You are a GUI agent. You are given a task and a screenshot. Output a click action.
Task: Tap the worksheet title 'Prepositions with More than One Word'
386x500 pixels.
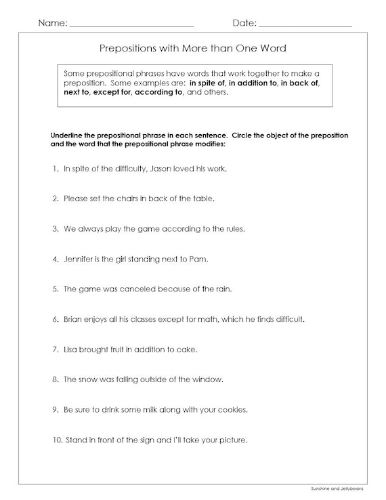(x=193, y=48)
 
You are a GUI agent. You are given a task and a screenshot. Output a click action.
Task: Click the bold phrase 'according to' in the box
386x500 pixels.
(x=159, y=92)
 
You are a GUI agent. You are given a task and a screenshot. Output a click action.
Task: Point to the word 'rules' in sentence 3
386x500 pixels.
(x=232, y=228)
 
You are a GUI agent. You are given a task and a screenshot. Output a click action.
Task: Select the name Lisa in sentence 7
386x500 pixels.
(x=70, y=350)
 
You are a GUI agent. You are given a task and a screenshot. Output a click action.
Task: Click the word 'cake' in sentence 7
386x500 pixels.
(x=188, y=350)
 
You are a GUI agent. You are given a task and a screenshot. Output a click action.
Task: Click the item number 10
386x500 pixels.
(x=56, y=440)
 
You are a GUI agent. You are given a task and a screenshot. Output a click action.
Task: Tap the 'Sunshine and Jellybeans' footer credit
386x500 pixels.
(x=343, y=489)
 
